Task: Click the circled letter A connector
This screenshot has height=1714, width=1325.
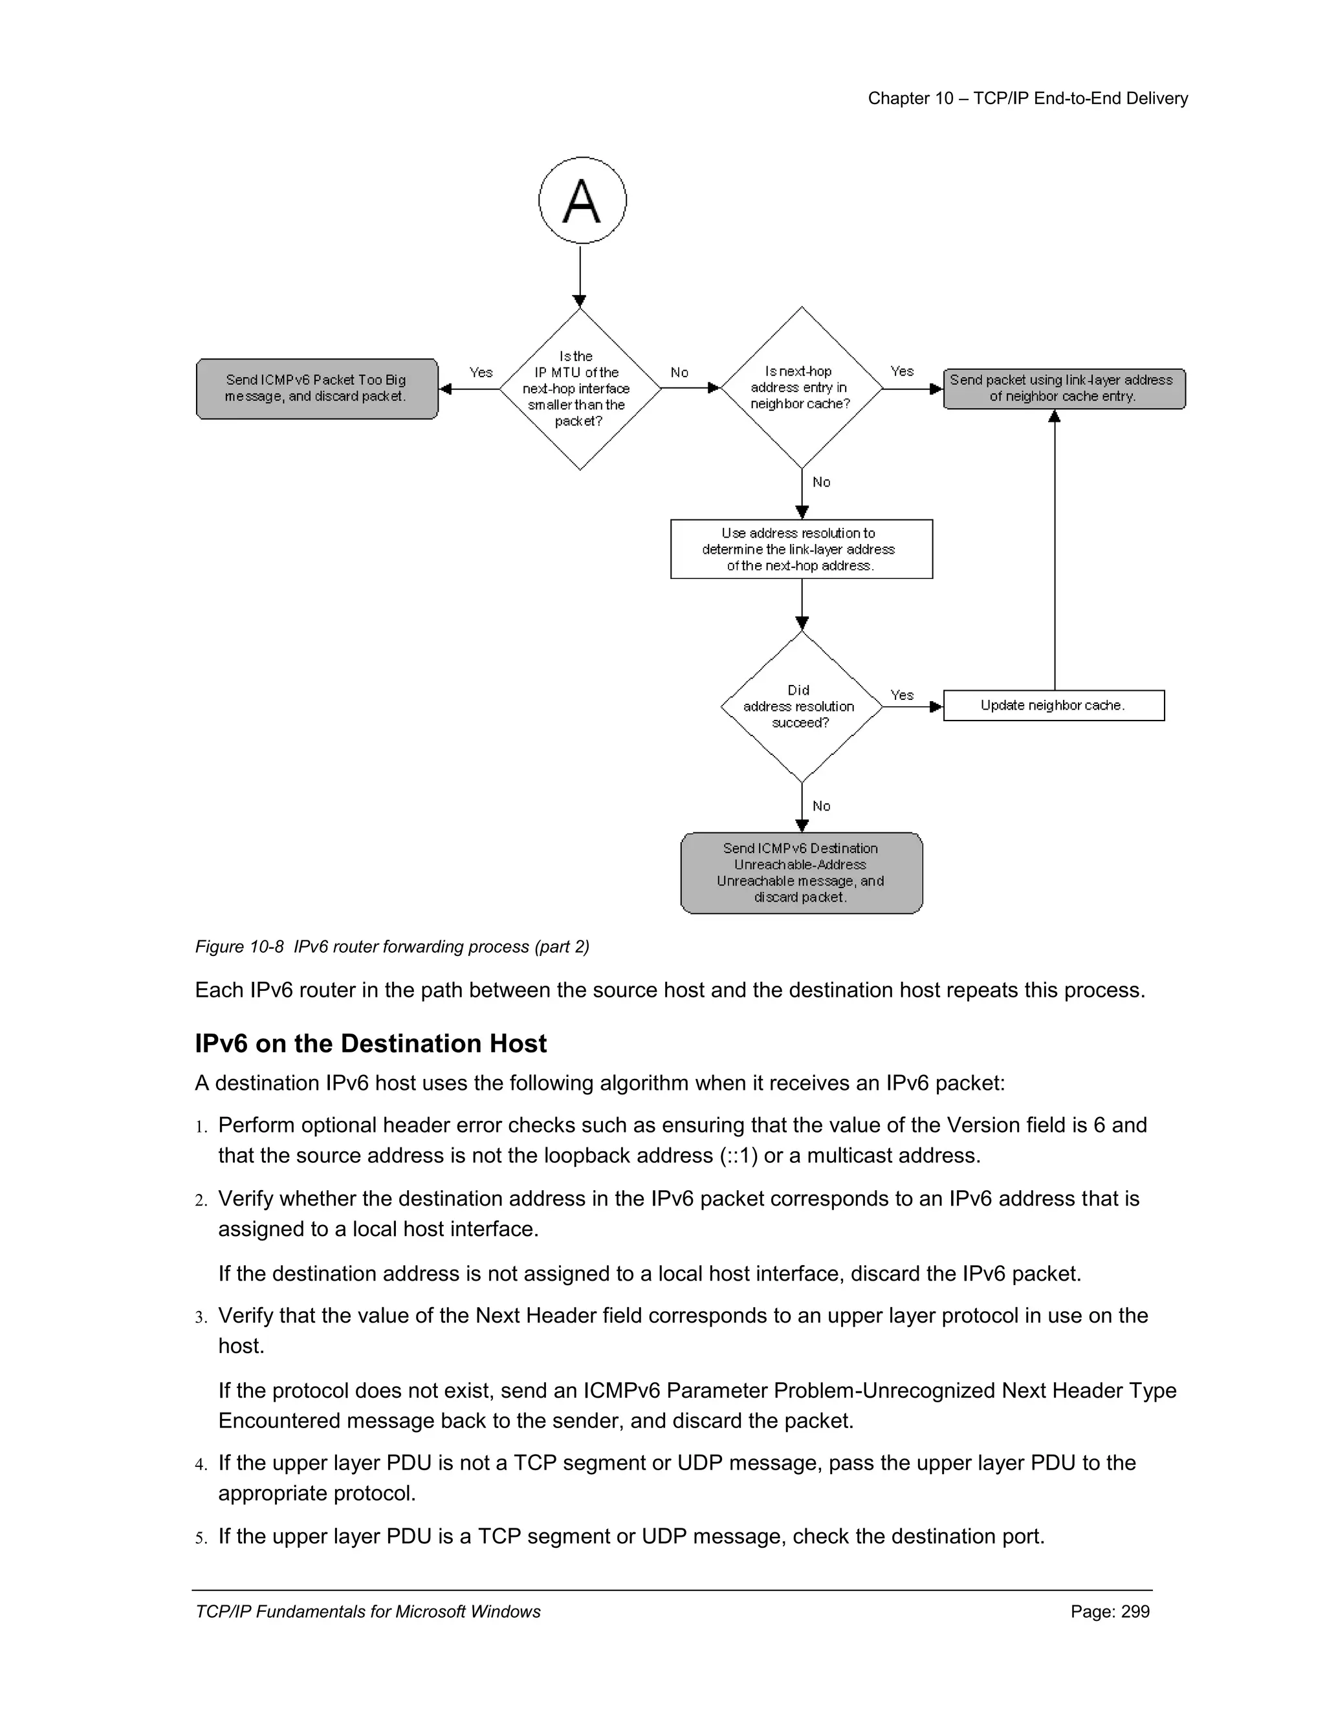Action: click(x=582, y=201)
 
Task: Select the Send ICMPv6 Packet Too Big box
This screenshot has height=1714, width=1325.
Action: click(x=316, y=389)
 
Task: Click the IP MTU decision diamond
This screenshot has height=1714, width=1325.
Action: click(x=579, y=389)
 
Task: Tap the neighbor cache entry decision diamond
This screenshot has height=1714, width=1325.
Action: click(x=801, y=387)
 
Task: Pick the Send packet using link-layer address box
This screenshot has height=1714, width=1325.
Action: click(x=1064, y=389)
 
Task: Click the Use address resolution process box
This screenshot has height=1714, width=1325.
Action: click(x=801, y=549)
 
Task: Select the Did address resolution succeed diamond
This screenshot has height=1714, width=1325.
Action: click(x=801, y=706)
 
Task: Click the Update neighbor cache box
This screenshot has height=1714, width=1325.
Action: click(x=1053, y=706)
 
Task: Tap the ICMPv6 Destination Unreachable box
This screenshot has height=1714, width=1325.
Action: click(x=801, y=873)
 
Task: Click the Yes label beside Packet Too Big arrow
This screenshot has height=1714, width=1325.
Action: click(x=481, y=372)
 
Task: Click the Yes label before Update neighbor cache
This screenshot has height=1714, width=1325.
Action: click(x=902, y=695)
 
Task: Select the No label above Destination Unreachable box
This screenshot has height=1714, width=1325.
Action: click(x=821, y=806)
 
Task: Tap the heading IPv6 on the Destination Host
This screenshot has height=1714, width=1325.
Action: click(x=371, y=1044)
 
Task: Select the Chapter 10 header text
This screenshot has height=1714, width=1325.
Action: click(x=1027, y=98)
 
